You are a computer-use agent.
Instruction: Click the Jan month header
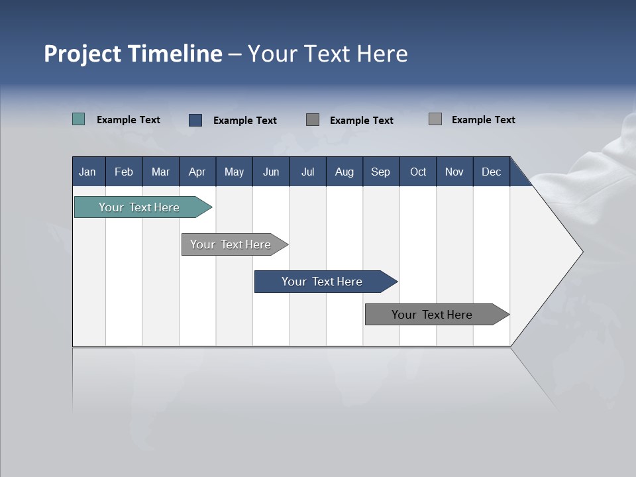(87, 172)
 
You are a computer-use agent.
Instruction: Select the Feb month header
(124, 172)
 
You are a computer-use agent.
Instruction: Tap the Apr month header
(197, 172)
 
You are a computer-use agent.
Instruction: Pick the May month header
(234, 172)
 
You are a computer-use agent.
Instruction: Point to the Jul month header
(307, 172)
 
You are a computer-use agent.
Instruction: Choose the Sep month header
(380, 172)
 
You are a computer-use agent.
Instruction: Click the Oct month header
(418, 172)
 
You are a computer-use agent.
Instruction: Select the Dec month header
(491, 172)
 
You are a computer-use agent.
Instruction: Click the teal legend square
(78, 119)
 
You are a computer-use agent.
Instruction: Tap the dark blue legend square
(195, 120)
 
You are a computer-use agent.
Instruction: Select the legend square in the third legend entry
(313, 119)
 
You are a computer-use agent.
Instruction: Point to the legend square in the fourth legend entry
(435, 119)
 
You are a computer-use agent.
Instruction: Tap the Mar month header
(160, 172)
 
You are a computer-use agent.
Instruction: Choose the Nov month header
(454, 172)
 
